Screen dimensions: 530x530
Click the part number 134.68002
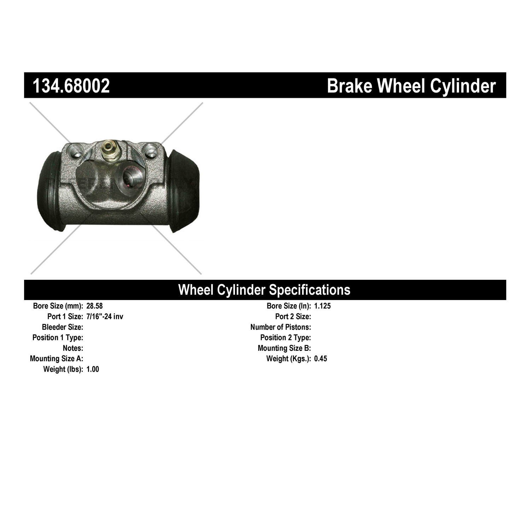(x=71, y=86)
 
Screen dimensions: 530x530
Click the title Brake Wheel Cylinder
(x=411, y=86)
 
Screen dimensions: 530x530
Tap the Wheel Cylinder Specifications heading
(x=264, y=290)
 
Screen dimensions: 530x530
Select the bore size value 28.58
(x=94, y=306)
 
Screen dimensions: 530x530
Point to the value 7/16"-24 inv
(x=105, y=316)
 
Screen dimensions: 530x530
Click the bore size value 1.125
(x=322, y=306)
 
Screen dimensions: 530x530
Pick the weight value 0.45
(x=320, y=359)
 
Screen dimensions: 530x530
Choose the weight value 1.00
(x=93, y=369)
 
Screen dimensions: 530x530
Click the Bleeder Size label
(x=63, y=327)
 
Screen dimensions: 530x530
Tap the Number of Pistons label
(x=281, y=327)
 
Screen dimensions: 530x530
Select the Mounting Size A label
(x=57, y=359)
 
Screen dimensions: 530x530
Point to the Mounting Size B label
(x=284, y=348)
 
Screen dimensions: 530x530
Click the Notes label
(x=73, y=348)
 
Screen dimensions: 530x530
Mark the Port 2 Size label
(x=293, y=316)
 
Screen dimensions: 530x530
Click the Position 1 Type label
(x=58, y=337)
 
